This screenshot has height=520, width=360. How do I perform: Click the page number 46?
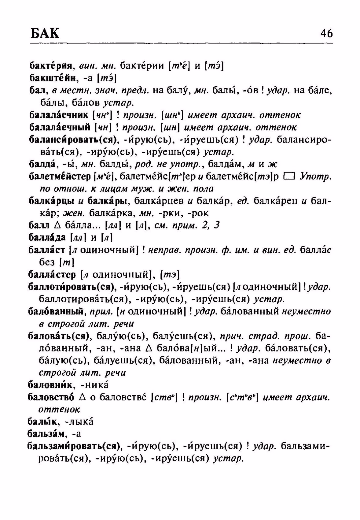tap(326, 33)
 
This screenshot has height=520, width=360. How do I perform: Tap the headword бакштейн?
tap(52, 78)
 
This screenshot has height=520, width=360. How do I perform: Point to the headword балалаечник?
tap(59, 115)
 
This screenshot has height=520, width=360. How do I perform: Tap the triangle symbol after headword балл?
tap(56, 226)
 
